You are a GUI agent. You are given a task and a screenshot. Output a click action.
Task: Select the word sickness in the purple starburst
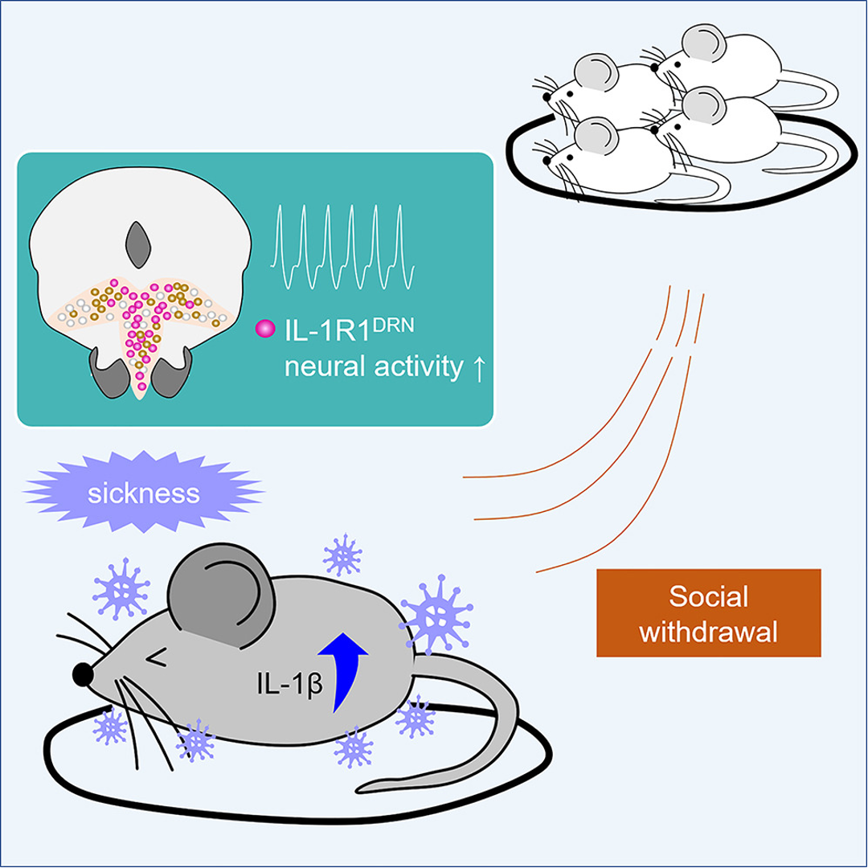(x=143, y=493)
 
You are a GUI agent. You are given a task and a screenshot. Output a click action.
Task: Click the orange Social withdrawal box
(x=709, y=612)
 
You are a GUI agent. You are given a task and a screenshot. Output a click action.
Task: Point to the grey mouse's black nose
(x=83, y=674)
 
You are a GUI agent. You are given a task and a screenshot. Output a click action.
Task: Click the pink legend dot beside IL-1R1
(x=265, y=329)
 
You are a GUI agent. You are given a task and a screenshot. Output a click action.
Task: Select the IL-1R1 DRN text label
(x=349, y=330)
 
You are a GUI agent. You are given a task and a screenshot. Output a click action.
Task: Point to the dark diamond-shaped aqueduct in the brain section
(x=138, y=245)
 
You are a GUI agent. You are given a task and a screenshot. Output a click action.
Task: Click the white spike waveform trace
(x=342, y=247)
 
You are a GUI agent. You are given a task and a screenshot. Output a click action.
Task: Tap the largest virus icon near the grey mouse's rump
(x=436, y=615)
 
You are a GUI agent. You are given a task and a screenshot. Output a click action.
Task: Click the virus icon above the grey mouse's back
(x=342, y=555)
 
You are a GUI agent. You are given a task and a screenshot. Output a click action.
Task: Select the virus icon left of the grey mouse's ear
(x=121, y=589)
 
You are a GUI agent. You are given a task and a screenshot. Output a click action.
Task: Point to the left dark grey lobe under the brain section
(x=111, y=374)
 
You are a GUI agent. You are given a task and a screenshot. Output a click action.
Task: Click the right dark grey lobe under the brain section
(x=171, y=374)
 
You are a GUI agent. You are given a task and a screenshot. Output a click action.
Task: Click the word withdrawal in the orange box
(x=709, y=633)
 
